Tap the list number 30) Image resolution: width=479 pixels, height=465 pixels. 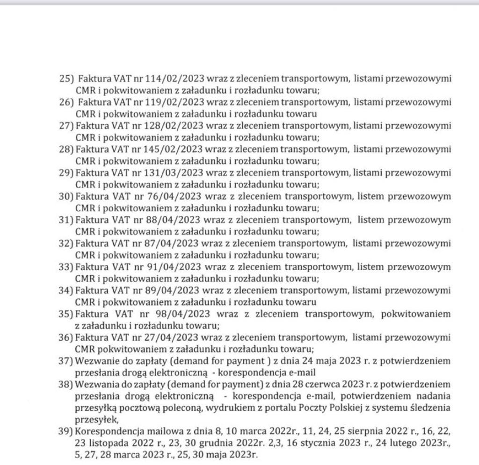tap(66, 196)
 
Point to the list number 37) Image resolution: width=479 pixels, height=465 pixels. tap(66, 361)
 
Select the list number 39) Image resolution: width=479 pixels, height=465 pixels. tap(66, 432)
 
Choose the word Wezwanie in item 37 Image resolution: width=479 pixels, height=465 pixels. tap(95, 361)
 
